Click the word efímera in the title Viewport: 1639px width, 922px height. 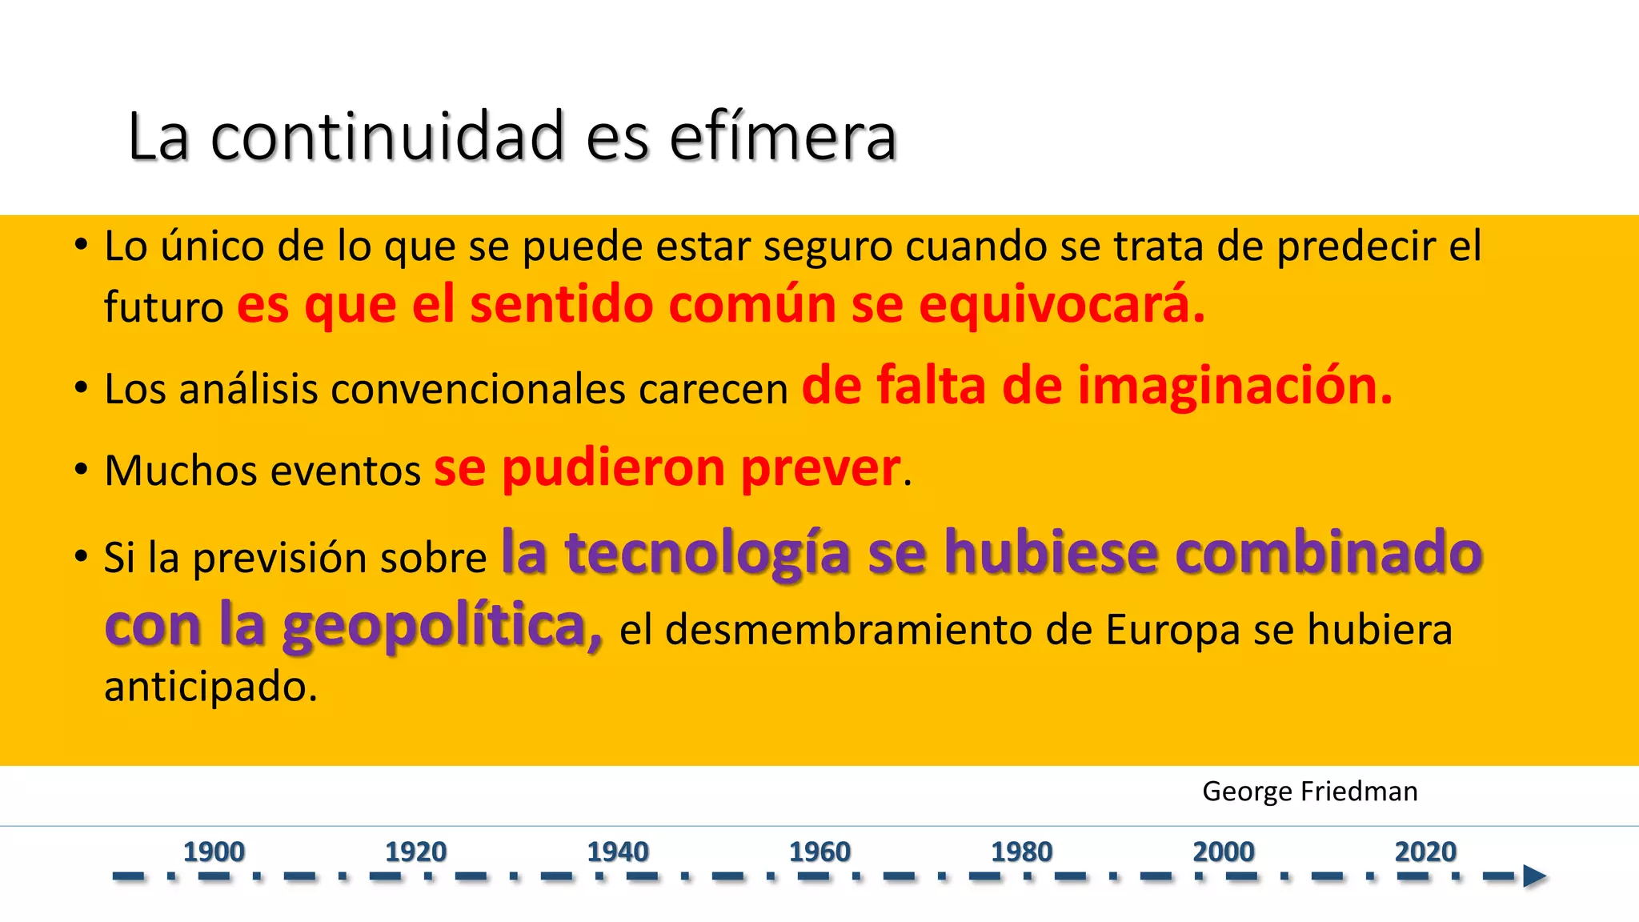coord(782,138)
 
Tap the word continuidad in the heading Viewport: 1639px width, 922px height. coord(387,138)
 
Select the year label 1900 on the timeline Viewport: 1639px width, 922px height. coord(214,852)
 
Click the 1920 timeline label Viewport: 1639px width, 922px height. coord(415,852)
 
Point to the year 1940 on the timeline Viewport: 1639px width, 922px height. coord(618,852)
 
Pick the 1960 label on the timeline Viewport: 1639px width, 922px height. coord(819,852)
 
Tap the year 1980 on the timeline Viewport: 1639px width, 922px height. coord(1021,852)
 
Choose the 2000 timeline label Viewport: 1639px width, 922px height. coord(1224,852)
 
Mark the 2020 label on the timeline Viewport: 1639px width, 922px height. coord(1425,852)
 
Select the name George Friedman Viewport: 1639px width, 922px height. coord(1309,792)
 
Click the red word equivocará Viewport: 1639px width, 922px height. coord(1061,307)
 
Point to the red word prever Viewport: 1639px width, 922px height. coord(821,469)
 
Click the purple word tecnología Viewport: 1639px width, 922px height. coord(707,554)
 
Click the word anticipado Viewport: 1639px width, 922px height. coord(210,687)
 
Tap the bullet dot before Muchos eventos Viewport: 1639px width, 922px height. coord(81,469)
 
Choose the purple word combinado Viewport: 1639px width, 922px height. coord(1328,554)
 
